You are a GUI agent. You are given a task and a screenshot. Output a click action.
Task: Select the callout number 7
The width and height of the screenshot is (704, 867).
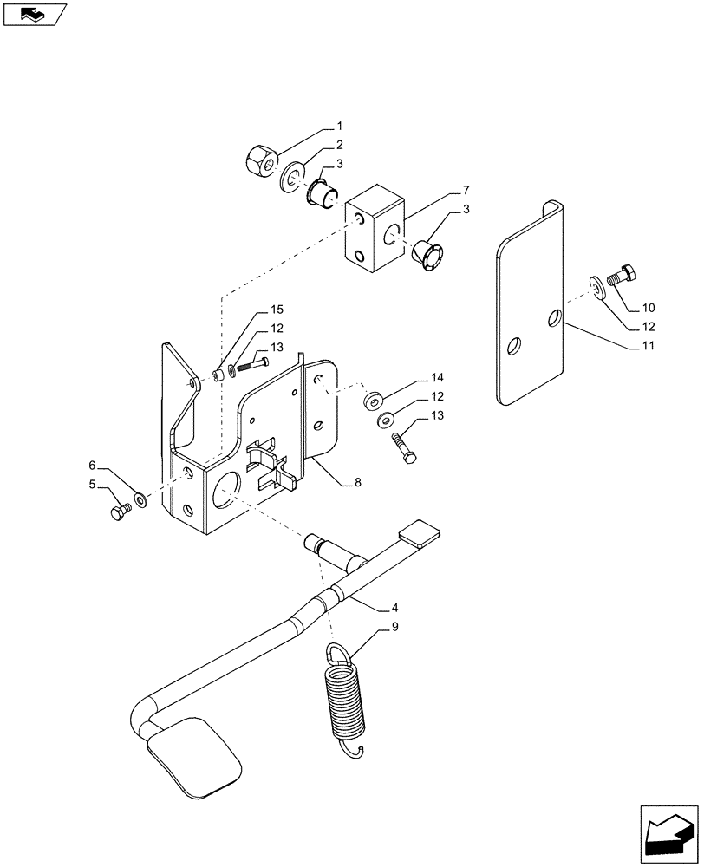tap(466, 190)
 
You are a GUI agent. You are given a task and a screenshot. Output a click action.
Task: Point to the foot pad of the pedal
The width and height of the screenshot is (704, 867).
tap(193, 753)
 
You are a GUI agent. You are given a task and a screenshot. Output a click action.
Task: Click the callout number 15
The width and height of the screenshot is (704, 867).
tap(277, 310)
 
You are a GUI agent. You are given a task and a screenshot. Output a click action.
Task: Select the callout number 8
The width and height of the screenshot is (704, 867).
tap(357, 482)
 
